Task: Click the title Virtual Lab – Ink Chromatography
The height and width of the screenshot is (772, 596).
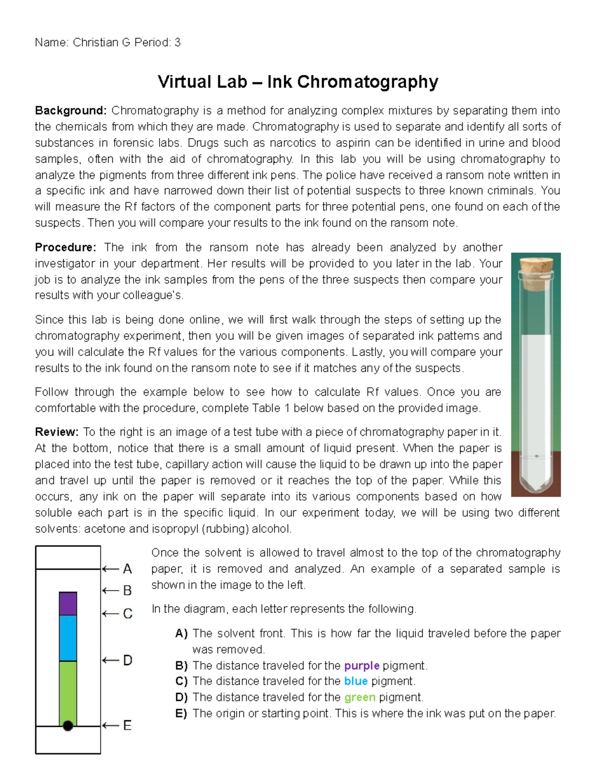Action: [x=298, y=82]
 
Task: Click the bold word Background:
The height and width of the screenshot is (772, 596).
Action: [x=71, y=110]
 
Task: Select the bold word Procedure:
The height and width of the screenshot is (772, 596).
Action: [x=66, y=248]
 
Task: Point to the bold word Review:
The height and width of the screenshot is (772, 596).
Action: [x=57, y=432]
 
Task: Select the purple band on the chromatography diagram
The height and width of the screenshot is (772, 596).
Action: [x=68, y=603]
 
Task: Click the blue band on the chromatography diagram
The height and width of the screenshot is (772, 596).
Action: [x=68, y=638]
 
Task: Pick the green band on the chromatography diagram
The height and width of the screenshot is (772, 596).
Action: [x=68, y=691]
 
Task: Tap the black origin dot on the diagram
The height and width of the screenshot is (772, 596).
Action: [x=68, y=726]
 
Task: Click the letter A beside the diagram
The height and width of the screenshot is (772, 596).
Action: [x=128, y=569]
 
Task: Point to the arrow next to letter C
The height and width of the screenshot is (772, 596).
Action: [x=110, y=614]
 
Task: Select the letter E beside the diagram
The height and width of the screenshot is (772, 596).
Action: [x=128, y=726]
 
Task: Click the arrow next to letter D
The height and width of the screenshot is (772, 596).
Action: [x=110, y=660]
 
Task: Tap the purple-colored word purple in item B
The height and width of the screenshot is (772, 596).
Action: [x=362, y=666]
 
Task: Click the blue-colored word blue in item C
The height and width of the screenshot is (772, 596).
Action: [x=356, y=681]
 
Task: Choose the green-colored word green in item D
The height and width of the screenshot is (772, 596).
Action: [x=360, y=697]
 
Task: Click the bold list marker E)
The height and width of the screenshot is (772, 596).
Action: [x=181, y=714]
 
